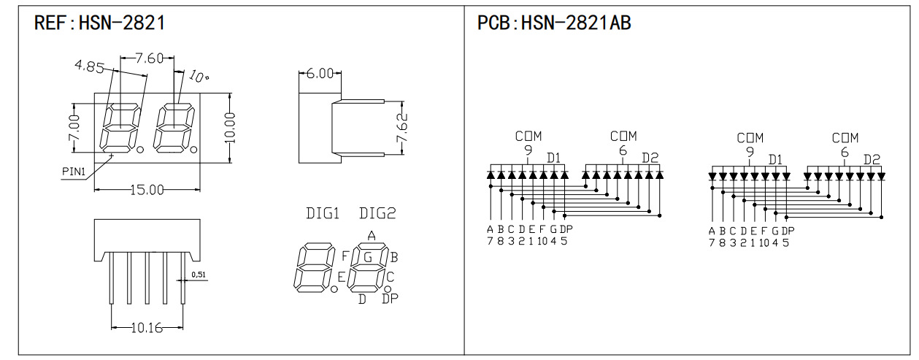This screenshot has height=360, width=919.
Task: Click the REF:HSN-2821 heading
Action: (99, 23)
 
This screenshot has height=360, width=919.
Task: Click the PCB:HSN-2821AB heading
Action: (554, 23)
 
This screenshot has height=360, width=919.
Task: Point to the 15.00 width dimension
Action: (147, 190)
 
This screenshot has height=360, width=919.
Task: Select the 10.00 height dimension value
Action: (231, 128)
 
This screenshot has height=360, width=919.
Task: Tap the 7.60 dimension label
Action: (150, 58)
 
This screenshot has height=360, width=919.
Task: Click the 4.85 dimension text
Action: (90, 66)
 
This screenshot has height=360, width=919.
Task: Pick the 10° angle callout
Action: (199, 76)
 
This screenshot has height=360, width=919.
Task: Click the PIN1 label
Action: (74, 172)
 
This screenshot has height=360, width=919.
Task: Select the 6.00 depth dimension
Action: (320, 74)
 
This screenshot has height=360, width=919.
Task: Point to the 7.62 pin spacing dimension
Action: (402, 128)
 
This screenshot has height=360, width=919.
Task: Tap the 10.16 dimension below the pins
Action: (147, 328)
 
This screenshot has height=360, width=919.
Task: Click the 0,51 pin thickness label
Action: (199, 275)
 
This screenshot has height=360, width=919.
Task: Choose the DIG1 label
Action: (323, 213)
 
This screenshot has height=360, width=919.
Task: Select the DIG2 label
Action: (377, 213)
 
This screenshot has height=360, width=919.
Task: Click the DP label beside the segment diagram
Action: (390, 299)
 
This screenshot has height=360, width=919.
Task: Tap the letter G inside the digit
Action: (368, 258)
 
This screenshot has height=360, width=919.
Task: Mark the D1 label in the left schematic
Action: (553, 158)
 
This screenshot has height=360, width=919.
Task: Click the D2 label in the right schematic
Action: (872, 159)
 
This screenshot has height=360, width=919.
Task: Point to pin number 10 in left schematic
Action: (542, 242)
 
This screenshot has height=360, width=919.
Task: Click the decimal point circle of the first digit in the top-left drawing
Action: (140, 150)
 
